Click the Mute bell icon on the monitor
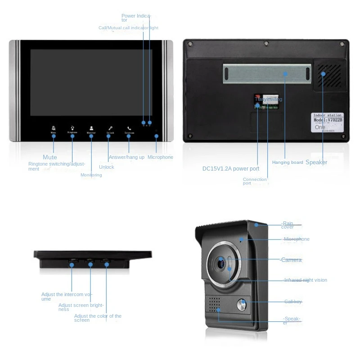pyautogui.click(x=54, y=128)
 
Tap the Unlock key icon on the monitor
pyautogui.click(x=109, y=128)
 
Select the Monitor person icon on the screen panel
pyautogui.click(x=91, y=128)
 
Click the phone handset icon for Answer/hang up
pyautogui.click(x=129, y=128)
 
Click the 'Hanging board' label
pyautogui.click(x=288, y=162)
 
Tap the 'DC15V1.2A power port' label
pyautogui.click(x=230, y=169)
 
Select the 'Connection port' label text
pyautogui.click(x=255, y=181)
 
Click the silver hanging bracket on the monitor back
pyautogui.click(x=266, y=72)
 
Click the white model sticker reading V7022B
pyautogui.click(x=328, y=123)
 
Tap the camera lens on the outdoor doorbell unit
pyautogui.click(x=221, y=262)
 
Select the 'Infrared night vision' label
pyautogui.click(x=305, y=280)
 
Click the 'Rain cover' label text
pyautogui.click(x=288, y=225)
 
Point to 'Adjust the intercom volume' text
pyautogui.click(x=66, y=297)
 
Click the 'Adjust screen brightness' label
pyautogui.click(x=81, y=307)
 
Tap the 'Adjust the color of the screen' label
pyautogui.click(x=98, y=318)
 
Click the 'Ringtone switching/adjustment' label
pyautogui.click(x=56, y=166)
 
